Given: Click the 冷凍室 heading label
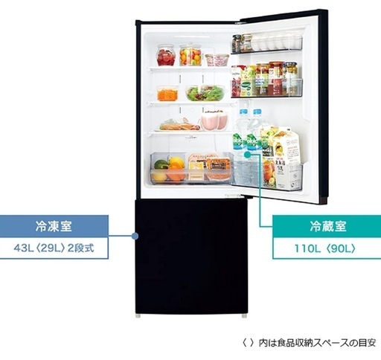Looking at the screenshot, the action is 54,226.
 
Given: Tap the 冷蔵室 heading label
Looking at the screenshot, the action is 328,226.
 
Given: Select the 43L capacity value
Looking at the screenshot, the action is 24,248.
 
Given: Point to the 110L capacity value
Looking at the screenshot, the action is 307,248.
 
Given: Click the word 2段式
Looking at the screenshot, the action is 81,248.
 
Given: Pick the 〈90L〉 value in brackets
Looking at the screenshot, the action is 340,248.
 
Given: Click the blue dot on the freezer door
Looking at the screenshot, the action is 135,236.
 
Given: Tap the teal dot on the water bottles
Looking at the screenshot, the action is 247,155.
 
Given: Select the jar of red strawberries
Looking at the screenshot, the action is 166,56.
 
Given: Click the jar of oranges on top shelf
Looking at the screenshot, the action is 190,55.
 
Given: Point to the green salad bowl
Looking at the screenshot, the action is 205,93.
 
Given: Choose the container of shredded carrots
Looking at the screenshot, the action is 167,93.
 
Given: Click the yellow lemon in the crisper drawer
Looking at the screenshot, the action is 176,162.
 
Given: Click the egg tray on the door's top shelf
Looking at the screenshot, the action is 276,43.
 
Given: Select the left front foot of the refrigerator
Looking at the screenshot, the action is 138,316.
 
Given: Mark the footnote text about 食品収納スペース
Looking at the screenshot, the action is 309,343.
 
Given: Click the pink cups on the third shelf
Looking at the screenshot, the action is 214,121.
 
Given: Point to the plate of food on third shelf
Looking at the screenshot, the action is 178,125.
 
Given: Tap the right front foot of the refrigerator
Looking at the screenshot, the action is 244,316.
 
